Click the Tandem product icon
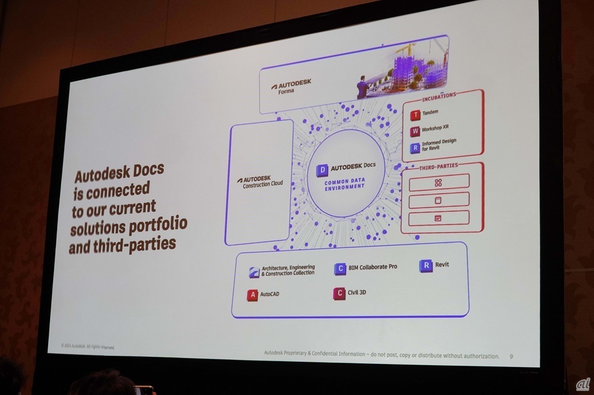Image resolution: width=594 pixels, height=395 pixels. click(x=416, y=113)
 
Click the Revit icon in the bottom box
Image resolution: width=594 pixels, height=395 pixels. click(x=425, y=266)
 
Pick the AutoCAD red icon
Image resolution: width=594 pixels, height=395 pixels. click(x=254, y=294)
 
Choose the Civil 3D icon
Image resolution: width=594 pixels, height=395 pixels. click(x=340, y=292)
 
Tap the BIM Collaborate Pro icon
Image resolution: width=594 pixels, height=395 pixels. click(x=340, y=269)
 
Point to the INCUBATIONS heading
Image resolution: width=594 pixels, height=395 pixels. click(x=439, y=94)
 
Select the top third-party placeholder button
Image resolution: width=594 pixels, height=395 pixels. click(x=438, y=182)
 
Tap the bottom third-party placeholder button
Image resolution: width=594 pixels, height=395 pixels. click(x=438, y=218)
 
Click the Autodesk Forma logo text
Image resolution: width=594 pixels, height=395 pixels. click(x=291, y=87)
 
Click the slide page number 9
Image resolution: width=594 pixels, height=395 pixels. click(x=512, y=357)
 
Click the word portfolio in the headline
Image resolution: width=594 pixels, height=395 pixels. click(x=158, y=225)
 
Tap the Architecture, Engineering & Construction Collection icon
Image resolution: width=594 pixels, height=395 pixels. click(x=254, y=272)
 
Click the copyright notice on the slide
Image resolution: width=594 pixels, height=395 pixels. click(x=87, y=345)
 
